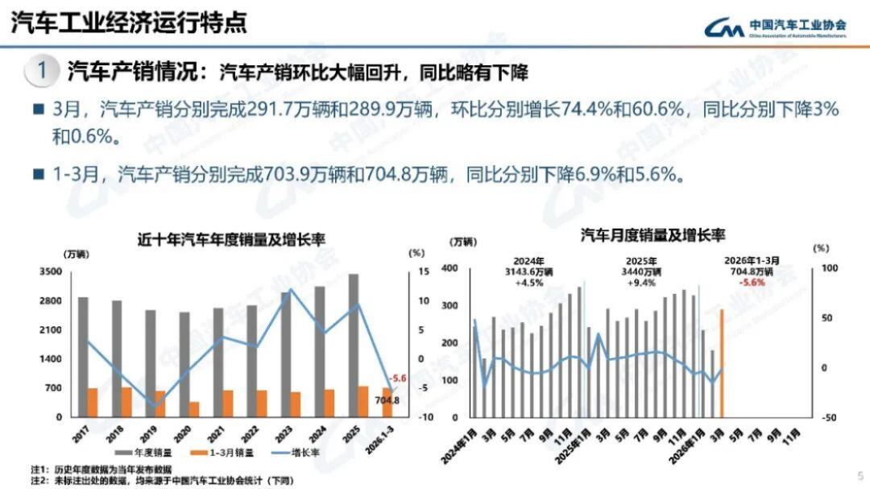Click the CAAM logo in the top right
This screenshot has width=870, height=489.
coord(774,27)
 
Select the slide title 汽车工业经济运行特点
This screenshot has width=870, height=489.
coord(128,22)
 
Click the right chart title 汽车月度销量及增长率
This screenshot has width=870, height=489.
coord(652,235)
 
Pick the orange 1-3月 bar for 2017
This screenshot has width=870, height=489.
coord(93,402)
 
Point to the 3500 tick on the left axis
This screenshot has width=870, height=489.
coord(50,271)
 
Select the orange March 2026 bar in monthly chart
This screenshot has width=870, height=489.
coord(721,363)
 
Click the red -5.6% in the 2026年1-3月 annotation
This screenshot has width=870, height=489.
coord(753,283)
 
